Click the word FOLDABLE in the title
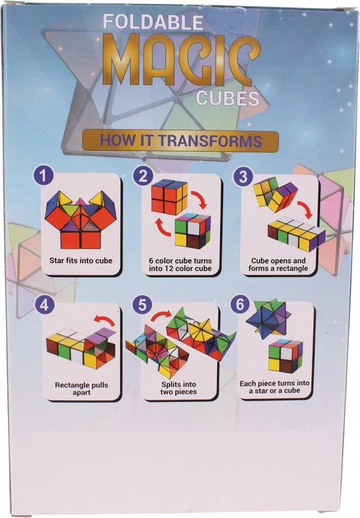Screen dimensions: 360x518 pyautogui.click(x=153, y=22)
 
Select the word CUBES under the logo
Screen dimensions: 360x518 pyautogui.click(x=228, y=98)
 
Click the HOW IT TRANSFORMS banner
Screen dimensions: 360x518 pyautogui.click(x=181, y=140)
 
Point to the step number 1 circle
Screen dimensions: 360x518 pyautogui.click(x=43, y=176)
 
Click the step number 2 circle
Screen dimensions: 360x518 pyautogui.click(x=143, y=176)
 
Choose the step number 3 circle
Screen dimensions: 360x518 pyautogui.click(x=243, y=176)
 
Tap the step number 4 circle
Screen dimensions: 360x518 pyautogui.click(x=44, y=305)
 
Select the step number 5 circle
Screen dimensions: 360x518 pyautogui.click(x=142, y=305)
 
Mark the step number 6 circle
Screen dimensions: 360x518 pyautogui.click(x=240, y=305)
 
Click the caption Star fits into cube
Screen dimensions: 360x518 pyautogui.click(x=81, y=261)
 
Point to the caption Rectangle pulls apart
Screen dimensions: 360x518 pyautogui.click(x=81, y=388)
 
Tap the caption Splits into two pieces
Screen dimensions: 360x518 pyautogui.click(x=179, y=388)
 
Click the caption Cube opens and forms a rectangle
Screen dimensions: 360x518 pyautogui.click(x=278, y=265)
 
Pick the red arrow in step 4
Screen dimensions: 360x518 pyautogui.click(x=104, y=320)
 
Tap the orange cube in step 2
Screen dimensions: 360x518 pyautogui.click(x=169, y=197)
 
